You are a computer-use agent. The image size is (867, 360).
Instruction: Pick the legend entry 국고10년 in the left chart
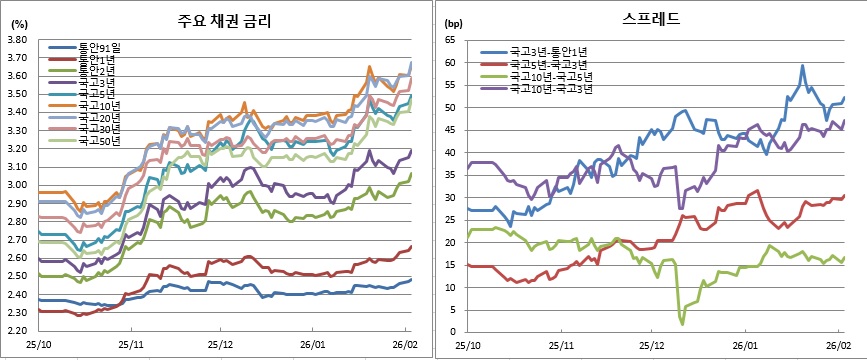click(x=99, y=104)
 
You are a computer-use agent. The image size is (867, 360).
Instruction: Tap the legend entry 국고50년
click(x=99, y=141)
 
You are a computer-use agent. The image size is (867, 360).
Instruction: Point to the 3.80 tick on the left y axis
click(x=15, y=40)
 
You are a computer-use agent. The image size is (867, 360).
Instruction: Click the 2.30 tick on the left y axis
click(x=15, y=312)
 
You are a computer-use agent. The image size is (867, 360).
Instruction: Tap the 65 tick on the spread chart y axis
click(x=450, y=40)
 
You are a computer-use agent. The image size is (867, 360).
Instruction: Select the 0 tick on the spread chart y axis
click(x=453, y=332)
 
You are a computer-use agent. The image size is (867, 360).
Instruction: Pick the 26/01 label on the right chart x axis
click(x=748, y=343)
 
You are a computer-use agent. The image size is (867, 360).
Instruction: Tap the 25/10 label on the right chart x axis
click(x=468, y=343)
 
